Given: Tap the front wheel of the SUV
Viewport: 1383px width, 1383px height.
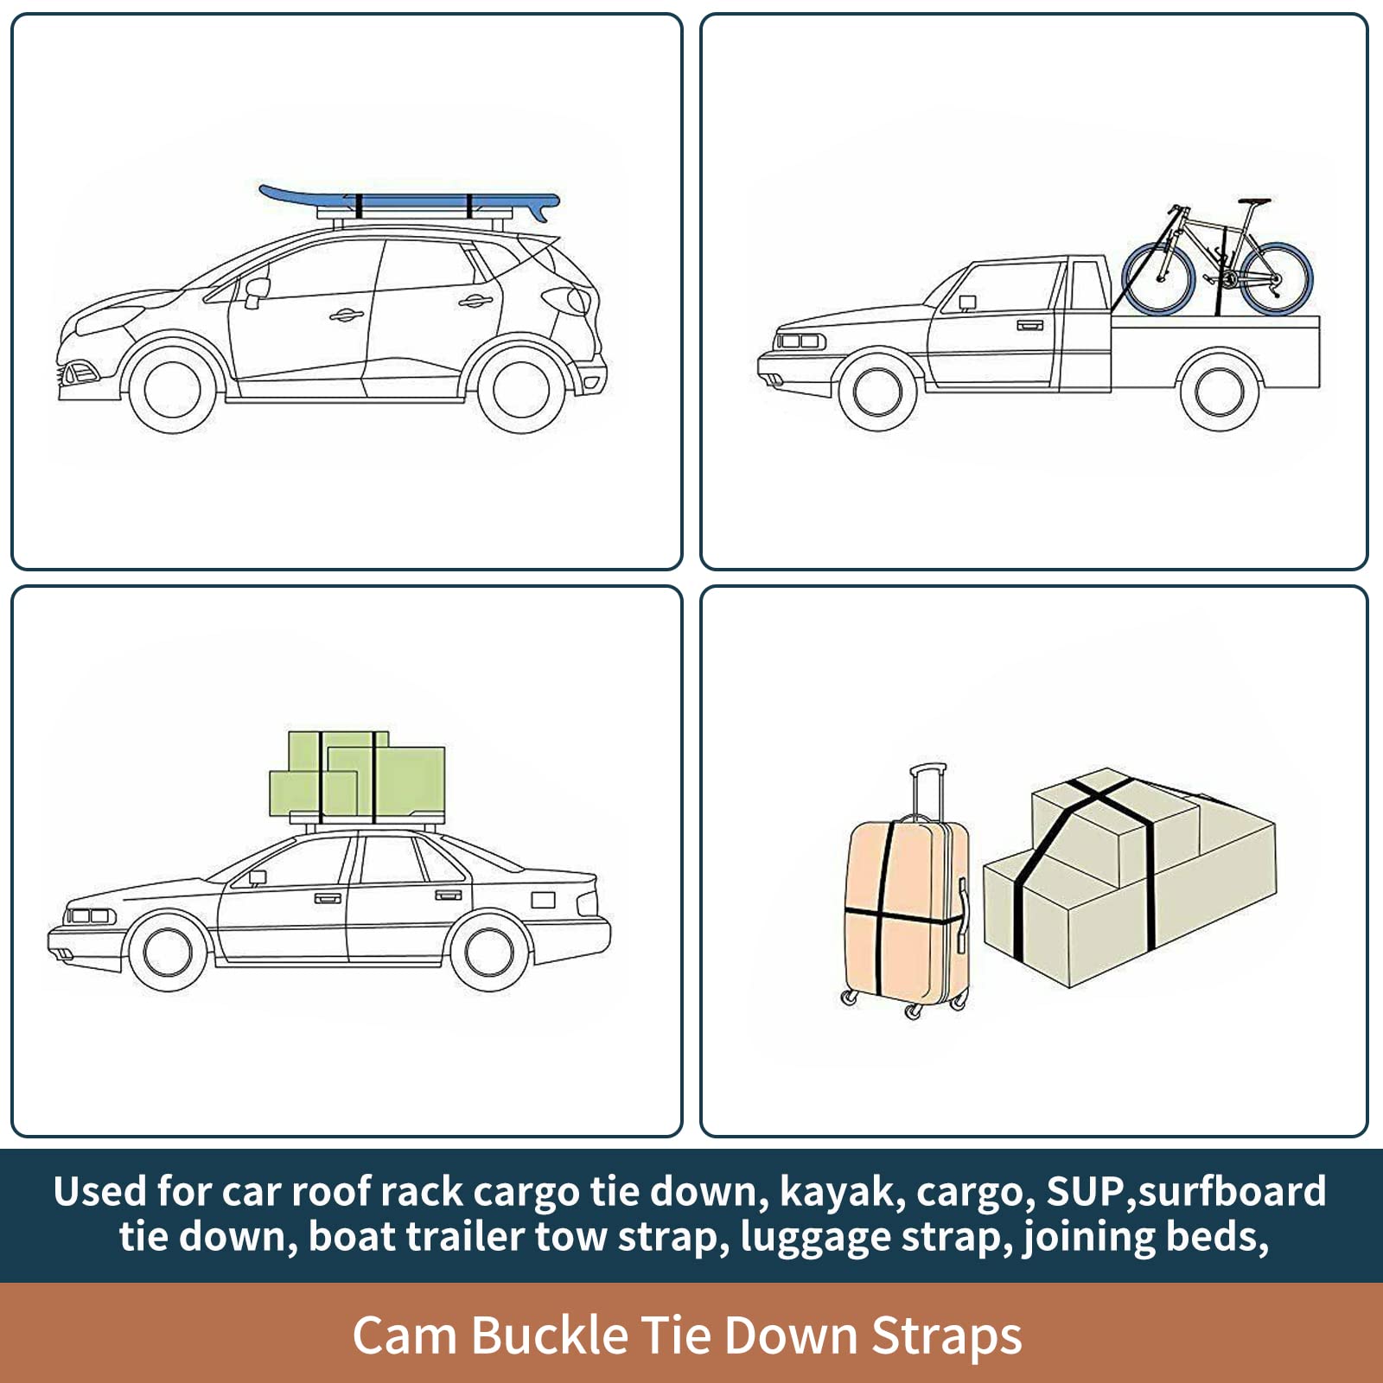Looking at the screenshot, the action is (173, 388).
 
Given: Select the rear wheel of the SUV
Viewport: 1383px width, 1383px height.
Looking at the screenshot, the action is (522, 388).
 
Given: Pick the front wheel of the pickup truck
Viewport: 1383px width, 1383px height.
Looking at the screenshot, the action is (878, 391).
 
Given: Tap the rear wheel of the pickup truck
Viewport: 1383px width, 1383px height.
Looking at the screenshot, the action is (1220, 391).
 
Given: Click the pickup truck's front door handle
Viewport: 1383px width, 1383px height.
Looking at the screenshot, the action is (1029, 325).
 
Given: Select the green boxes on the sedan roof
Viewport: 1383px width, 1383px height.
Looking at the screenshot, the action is (357, 777).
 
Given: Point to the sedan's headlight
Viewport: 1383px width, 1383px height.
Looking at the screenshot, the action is (90, 916).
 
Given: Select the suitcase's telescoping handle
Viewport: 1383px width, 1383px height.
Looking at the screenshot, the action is (927, 790).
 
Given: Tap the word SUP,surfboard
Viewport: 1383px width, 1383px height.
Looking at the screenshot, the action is (1186, 1192).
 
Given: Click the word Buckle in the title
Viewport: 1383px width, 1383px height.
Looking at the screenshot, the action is (550, 1335).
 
